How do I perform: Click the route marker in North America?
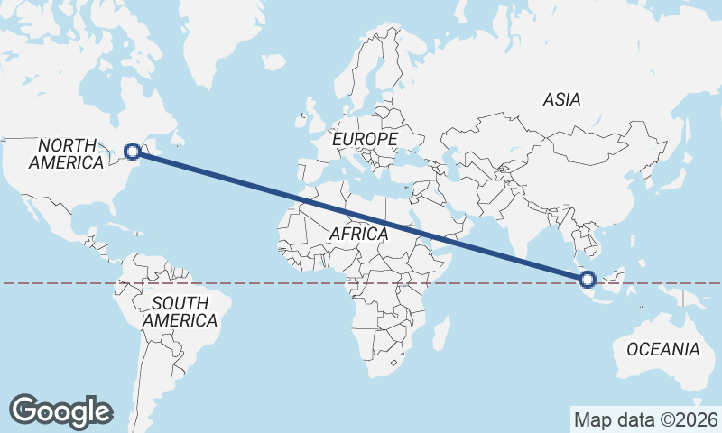(134, 152)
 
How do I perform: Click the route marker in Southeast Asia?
(588, 280)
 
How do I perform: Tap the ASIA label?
(561, 100)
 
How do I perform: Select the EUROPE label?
(365, 140)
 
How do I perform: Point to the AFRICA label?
(358, 234)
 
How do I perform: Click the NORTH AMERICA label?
(67, 154)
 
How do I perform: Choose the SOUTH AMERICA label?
(180, 311)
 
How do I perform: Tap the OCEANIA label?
(663, 349)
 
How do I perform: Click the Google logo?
(60, 410)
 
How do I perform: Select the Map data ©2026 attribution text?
(646, 419)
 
